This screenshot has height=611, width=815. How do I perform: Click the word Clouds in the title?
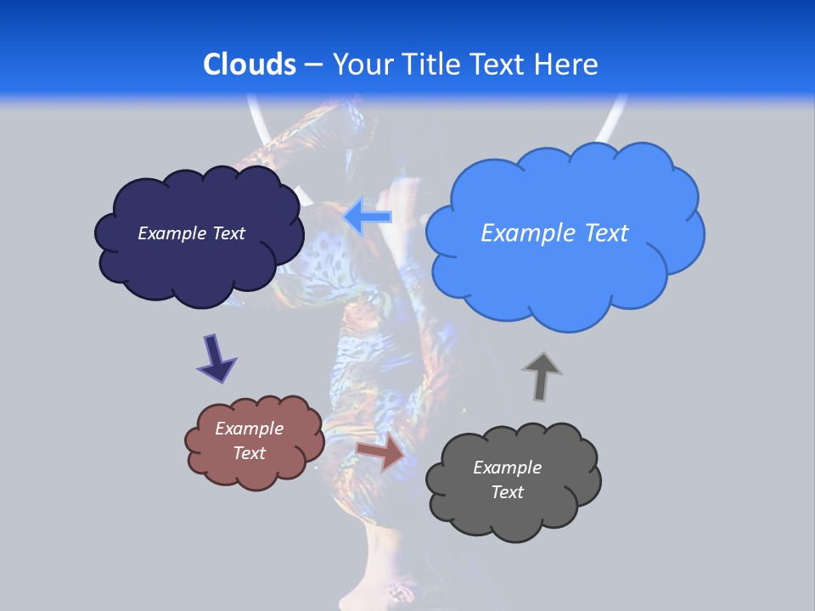[250, 64]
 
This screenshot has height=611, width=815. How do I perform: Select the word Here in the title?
[569, 64]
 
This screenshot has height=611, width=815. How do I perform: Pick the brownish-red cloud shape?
[255, 471]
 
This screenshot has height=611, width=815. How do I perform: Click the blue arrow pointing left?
[368, 216]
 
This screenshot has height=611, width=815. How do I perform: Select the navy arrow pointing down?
[216, 358]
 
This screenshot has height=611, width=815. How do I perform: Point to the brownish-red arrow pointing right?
[380, 451]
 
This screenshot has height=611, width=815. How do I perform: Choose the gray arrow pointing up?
[542, 375]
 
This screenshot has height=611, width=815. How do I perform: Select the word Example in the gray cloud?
[507, 468]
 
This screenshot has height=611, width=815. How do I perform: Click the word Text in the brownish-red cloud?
[249, 453]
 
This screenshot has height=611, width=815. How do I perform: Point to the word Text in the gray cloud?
[507, 492]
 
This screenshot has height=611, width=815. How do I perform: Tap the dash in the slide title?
[313, 65]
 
